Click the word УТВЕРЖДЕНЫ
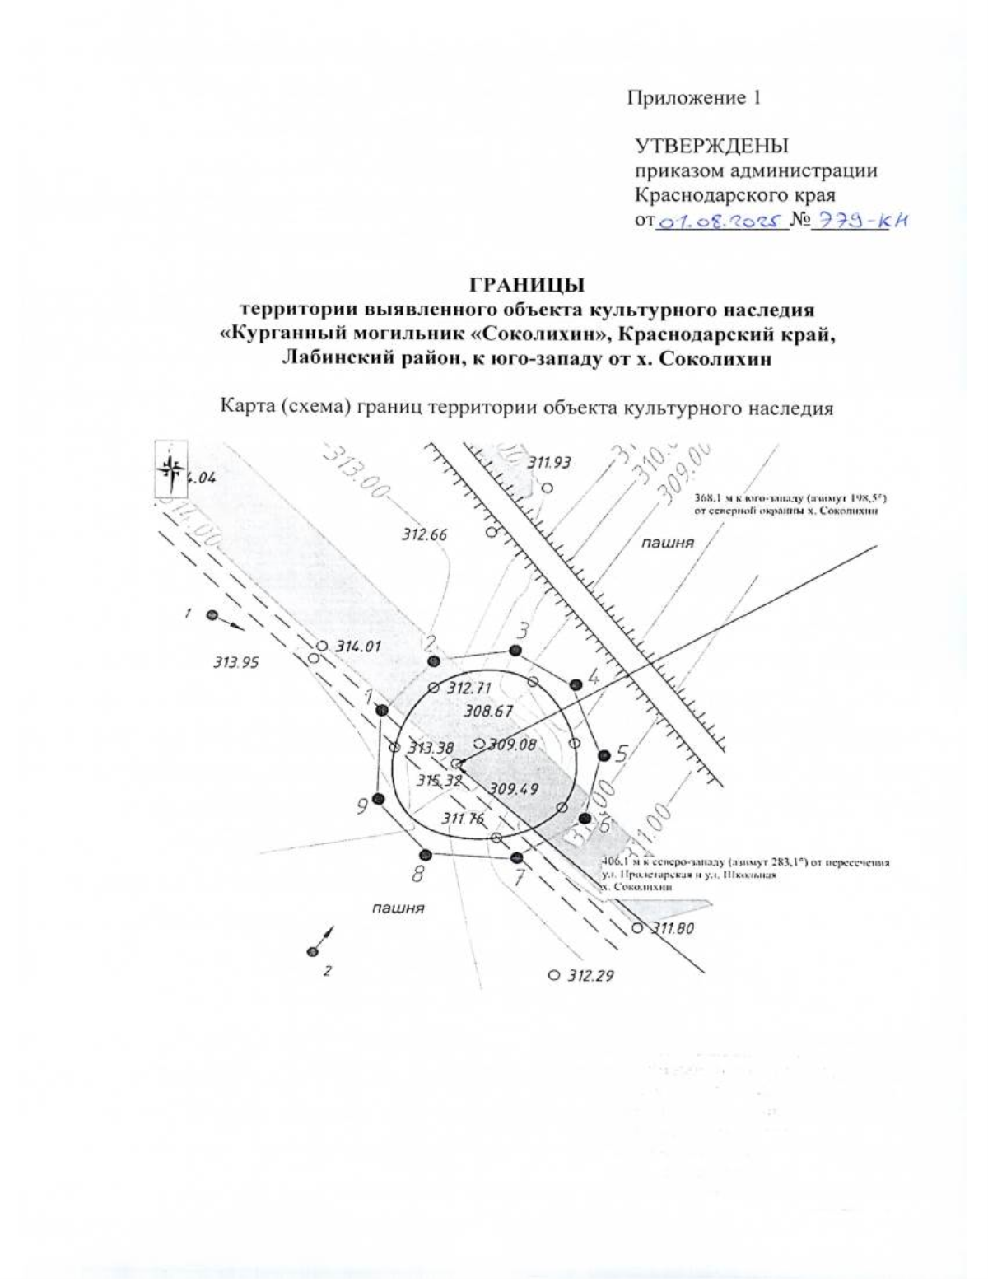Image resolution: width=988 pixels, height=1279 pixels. click(x=711, y=147)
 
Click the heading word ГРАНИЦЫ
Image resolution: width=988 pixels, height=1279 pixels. click(x=527, y=286)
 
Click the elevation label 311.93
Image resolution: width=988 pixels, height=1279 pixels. click(x=548, y=463)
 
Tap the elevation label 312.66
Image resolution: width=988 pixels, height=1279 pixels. click(x=424, y=534)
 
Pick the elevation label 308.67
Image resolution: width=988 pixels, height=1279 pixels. click(x=488, y=711)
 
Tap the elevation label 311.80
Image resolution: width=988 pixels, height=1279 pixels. click(x=673, y=929)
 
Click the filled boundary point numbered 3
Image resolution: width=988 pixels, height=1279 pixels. click(x=515, y=651)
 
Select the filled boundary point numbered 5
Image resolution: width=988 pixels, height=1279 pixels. click(x=604, y=755)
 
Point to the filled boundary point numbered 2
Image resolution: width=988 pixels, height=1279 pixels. click(x=434, y=661)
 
